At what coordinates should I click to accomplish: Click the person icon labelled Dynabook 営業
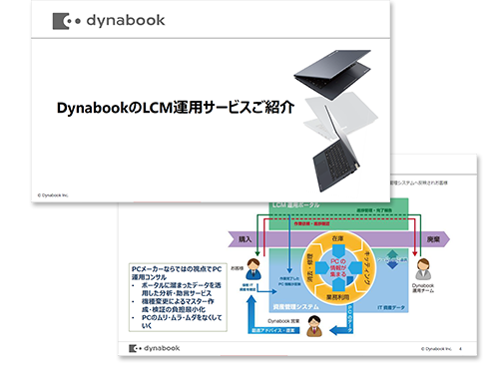point(313,324)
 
